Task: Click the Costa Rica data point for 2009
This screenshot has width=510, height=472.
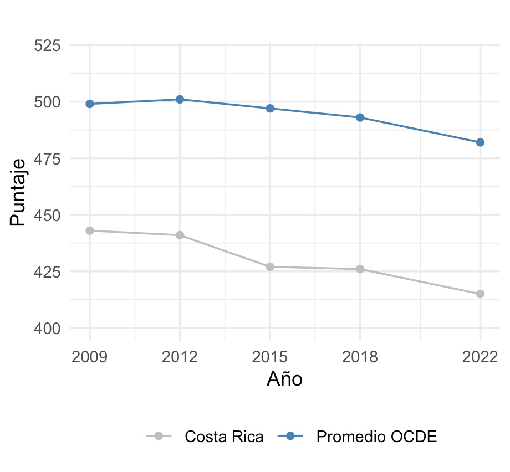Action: pyautogui.click(x=90, y=230)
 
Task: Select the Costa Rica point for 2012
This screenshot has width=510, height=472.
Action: pyautogui.click(x=180, y=235)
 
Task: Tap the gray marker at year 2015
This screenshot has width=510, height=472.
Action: pyautogui.click(x=270, y=266)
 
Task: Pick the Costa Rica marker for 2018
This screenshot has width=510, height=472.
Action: pyautogui.click(x=360, y=269)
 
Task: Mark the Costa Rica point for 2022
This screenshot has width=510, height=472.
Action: pyautogui.click(x=480, y=294)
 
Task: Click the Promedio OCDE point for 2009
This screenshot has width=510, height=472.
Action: pyautogui.click(x=90, y=104)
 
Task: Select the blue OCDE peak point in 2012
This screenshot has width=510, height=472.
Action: pyautogui.click(x=180, y=99)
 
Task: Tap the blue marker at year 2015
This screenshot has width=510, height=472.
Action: pyautogui.click(x=270, y=109)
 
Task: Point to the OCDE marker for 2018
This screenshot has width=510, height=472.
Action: pyautogui.click(x=360, y=117)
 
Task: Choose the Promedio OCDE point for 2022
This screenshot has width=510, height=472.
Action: pyautogui.click(x=480, y=142)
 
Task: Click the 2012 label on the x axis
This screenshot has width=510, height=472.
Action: pyautogui.click(x=180, y=356)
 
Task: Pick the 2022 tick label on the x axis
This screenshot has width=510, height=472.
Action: pyautogui.click(x=480, y=356)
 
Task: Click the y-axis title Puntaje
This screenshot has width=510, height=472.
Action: pyautogui.click(x=18, y=192)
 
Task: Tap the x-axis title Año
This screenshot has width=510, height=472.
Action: pyautogui.click(x=284, y=379)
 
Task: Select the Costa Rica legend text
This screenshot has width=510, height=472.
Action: pyautogui.click(x=224, y=437)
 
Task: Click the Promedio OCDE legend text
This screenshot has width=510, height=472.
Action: pyautogui.click(x=376, y=437)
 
